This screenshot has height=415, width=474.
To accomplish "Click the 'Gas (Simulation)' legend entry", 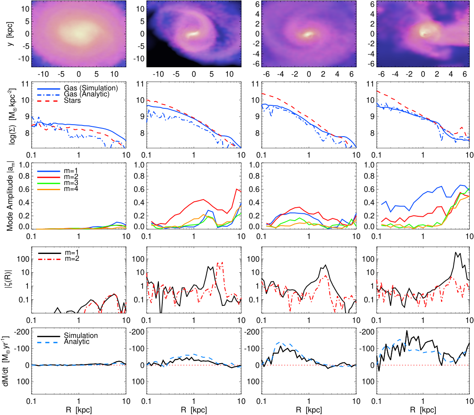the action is coord(78,88).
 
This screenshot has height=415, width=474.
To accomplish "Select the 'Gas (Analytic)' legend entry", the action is coord(73,94).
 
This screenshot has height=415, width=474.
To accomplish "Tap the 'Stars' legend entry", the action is coord(59,101).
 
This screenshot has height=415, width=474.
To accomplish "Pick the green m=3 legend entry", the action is coord(57,183).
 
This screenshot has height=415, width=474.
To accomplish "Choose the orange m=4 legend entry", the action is coord(57,189).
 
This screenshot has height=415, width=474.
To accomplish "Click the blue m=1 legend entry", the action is coord(57,171).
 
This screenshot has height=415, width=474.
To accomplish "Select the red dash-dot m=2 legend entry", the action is coord(59,259).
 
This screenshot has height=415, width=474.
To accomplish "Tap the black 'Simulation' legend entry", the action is coord(67,335).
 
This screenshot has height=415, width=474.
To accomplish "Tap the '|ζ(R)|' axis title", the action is coord(10,280).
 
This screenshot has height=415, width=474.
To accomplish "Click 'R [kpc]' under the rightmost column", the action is coord(423,410).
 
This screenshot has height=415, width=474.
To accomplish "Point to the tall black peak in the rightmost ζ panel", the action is coord(456,253).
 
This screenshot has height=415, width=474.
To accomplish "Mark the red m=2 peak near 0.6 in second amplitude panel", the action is coord(236,189).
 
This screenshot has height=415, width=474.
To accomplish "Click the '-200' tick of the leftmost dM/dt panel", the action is coord(23,332).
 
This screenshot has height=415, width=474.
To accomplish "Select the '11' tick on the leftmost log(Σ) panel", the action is coord(26,84).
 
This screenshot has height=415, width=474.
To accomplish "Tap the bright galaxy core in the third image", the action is coord(308,34).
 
